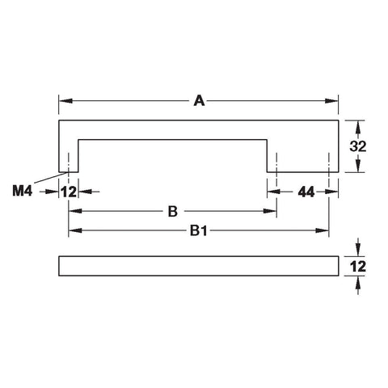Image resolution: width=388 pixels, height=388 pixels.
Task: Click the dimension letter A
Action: (x=199, y=101)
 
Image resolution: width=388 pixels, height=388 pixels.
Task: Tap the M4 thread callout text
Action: (x=23, y=191)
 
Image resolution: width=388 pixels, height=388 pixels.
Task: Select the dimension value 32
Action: (x=358, y=146)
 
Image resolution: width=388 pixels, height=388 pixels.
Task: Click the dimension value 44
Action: (x=306, y=192)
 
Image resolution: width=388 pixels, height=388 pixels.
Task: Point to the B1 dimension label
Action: (x=199, y=231)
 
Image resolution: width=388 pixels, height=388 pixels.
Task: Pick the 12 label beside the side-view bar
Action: (x=358, y=266)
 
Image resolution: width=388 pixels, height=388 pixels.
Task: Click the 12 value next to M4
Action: (x=69, y=192)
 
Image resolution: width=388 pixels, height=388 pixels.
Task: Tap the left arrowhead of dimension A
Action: (x=65, y=101)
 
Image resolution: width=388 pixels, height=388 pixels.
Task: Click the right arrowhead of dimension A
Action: (x=331, y=101)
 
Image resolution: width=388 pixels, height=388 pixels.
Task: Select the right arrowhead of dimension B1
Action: (x=323, y=230)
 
